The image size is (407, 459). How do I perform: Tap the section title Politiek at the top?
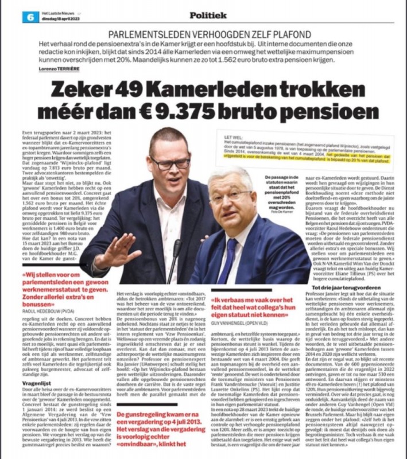click(192, 15)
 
